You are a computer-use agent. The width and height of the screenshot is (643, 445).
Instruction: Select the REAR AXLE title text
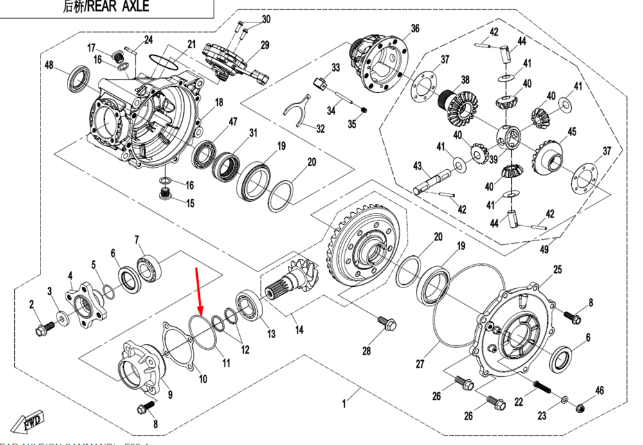(114, 7)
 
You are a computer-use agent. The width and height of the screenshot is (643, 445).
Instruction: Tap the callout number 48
(49, 65)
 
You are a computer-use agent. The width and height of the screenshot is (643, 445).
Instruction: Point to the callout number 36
(415, 28)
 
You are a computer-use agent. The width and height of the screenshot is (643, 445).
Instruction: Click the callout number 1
(344, 404)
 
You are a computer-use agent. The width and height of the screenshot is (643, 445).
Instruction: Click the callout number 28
(367, 351)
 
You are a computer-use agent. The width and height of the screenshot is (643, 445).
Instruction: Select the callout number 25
(557, 269)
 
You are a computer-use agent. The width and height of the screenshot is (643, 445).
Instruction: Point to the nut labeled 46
(581, 406)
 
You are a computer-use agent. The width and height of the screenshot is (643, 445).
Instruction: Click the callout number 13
(271, 334)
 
